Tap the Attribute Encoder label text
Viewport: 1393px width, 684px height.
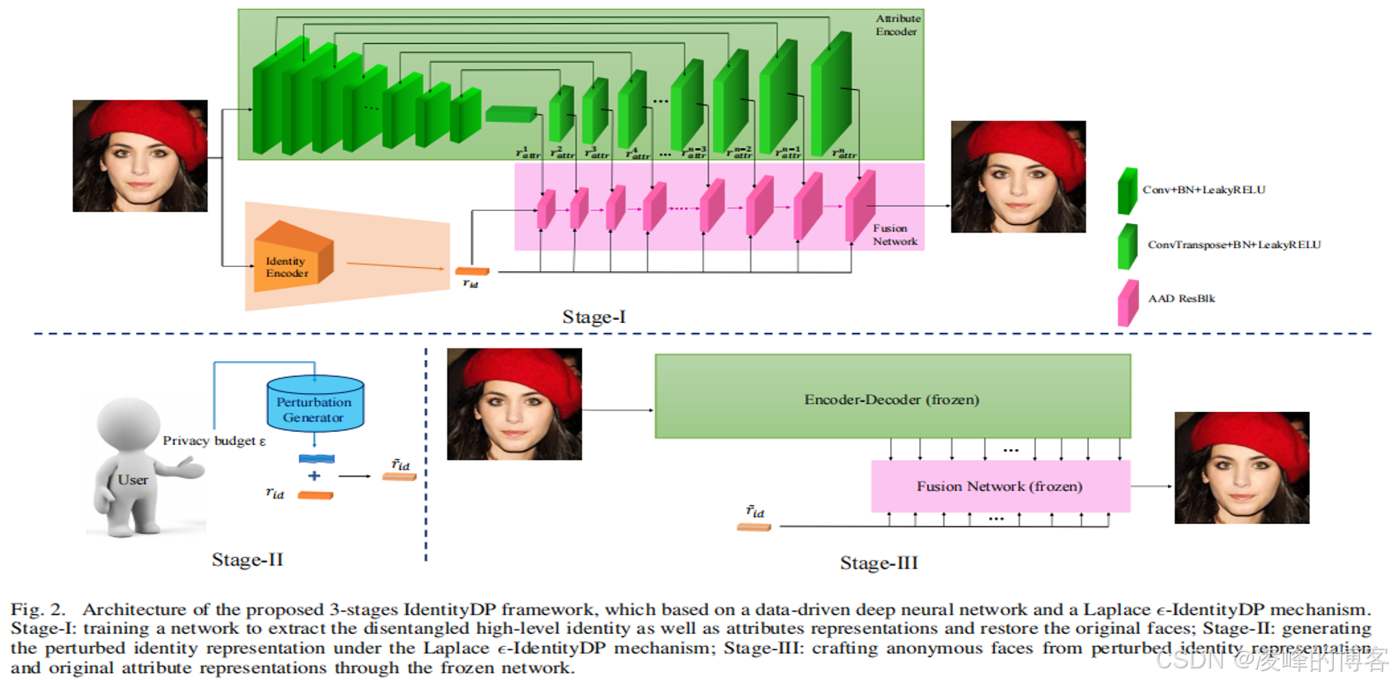coord(897,25)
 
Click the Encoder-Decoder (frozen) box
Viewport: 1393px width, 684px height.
coord(892,399)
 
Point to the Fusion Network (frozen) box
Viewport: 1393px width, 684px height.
coord(999,486)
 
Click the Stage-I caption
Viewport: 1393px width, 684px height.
coord(593,317)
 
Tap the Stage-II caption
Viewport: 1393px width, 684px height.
coord(247,560)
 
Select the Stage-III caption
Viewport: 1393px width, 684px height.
coord(879,563)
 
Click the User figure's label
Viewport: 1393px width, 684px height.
coord(133,480)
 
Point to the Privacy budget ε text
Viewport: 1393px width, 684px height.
coord(214,441)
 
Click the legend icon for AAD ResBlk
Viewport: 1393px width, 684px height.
coord(1128,302)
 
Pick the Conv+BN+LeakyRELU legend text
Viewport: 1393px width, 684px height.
coord(1203,190)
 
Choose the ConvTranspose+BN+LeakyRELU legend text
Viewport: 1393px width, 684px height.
coord(1234,245)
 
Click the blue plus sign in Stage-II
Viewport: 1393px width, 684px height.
coord(314,476)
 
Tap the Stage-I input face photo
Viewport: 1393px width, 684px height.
coord(140,156)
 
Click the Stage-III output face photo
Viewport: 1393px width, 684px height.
coord(1241,467)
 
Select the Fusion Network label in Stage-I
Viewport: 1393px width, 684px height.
coord(894,235)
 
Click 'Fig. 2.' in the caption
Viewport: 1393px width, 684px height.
coord(38,610)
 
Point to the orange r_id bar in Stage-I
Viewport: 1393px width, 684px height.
coord(472,271)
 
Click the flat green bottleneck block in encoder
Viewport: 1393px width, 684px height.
coord(511,114)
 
